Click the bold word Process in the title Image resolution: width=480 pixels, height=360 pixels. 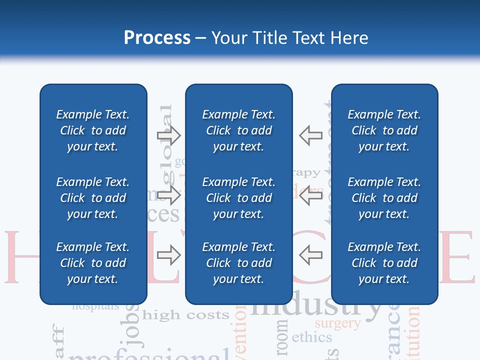coord(157,38)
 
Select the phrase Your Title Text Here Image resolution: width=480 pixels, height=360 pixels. coord(289,38)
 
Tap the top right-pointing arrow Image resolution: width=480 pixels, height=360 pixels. coord(169,135)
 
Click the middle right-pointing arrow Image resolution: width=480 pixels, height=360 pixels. coord(169,195)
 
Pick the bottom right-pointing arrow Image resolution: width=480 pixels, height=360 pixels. coord(169,255)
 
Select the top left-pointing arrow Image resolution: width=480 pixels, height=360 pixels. coord(311,135)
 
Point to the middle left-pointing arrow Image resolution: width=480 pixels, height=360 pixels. coord(311,195)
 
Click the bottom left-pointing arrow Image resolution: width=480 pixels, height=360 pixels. coord(311,255)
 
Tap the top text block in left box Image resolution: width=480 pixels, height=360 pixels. coord(93,130)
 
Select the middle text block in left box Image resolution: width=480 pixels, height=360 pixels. coord(93,198)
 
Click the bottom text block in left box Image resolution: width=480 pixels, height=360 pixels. coord(93,263)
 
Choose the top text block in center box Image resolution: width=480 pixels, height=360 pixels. coord(239,130)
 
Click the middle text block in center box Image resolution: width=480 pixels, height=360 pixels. coord(239,198)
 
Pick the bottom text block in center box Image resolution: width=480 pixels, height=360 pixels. coord(239,263)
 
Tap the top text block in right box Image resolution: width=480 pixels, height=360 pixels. coord(384,130)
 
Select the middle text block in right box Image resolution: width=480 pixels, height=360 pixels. coord(384,198)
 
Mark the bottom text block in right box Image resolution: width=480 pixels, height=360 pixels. coord(384,263)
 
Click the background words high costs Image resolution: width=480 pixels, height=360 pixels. coord(185,315)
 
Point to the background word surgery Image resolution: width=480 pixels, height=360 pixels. coord(337,323)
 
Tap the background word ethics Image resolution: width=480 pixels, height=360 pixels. coord(311,337)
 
